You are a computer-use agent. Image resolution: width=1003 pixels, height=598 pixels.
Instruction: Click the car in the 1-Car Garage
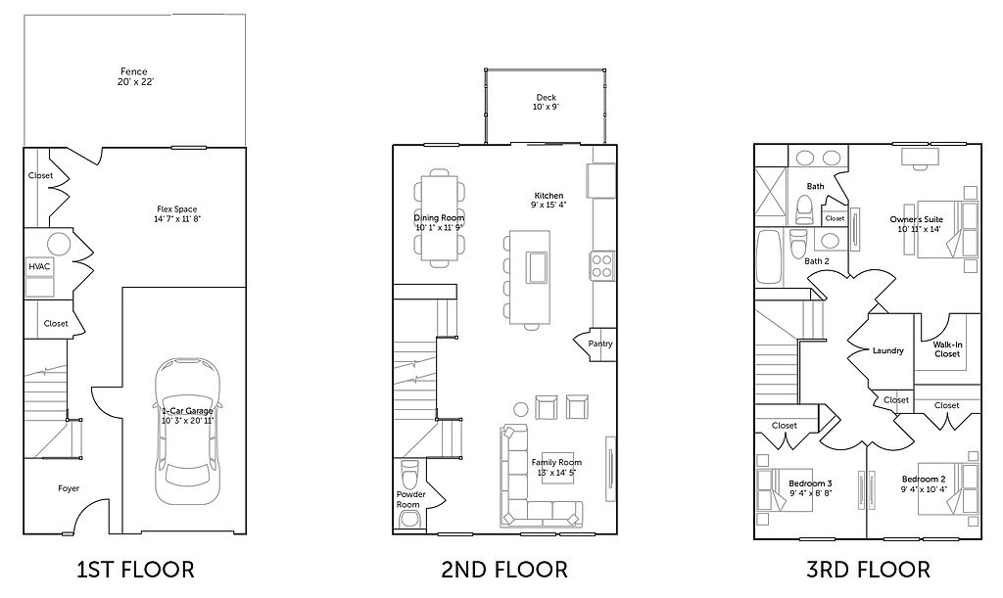point(187,430)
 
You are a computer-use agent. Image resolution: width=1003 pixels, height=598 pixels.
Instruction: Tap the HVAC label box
point(39,266)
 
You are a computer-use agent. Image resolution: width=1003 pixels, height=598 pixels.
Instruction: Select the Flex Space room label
point(176,213)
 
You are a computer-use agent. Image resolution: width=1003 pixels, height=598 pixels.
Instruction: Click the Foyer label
point(69,488)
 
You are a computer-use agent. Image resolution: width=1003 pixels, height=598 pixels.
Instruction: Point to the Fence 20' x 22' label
point(134,76)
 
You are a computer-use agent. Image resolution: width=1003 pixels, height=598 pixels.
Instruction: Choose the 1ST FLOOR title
point(135,570)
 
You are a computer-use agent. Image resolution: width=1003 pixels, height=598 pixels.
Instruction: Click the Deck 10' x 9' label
point(546,102)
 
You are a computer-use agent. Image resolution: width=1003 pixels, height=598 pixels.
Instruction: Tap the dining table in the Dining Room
point(440,217)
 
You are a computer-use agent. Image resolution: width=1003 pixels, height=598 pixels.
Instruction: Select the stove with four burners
point(602,266)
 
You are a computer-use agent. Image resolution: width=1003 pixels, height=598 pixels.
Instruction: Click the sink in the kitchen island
point(536,267)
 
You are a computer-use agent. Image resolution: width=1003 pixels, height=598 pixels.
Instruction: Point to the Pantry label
point(600,344)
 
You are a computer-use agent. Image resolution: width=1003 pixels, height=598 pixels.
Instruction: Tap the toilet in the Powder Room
point(408,474)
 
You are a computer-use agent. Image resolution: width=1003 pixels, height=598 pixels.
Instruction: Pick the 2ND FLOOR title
point(504,570)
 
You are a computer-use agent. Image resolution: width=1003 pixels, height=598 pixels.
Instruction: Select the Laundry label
point(887,350)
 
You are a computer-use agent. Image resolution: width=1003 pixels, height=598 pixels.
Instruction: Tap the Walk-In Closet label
point(947,349)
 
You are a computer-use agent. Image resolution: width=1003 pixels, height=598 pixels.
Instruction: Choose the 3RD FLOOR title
point(868,570)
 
